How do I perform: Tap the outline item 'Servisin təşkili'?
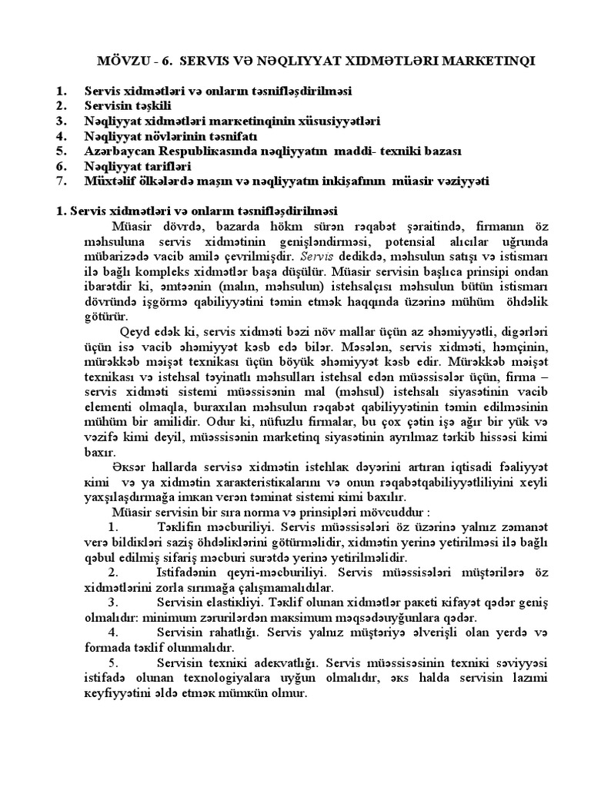tap(128, 105)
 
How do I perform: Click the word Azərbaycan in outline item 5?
tap(119, 151)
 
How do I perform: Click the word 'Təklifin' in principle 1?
tap(179, 527)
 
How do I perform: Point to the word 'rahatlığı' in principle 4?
tap(232, 633)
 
